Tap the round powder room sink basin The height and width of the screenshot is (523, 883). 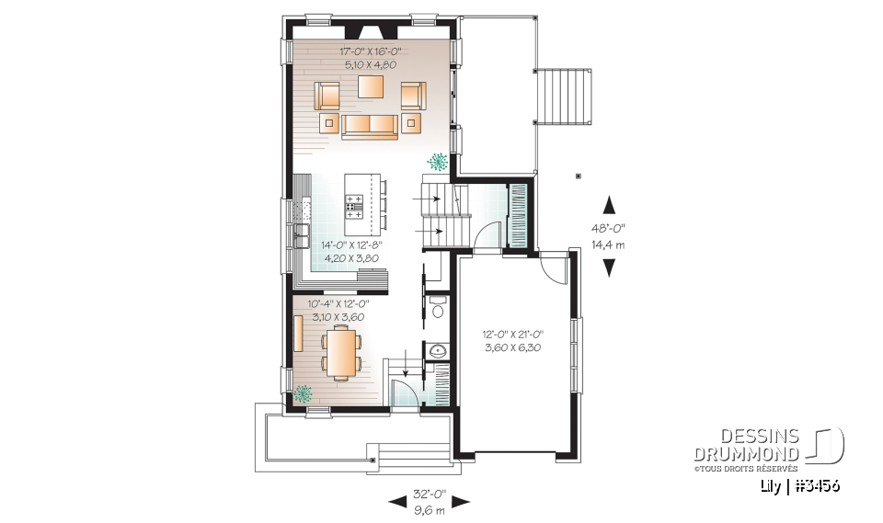tap(437, 352)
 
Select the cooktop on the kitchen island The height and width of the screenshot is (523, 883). tap(353, 196)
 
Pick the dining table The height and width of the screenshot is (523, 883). tap(341, 354)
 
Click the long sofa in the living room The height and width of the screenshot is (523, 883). tap(370, 126)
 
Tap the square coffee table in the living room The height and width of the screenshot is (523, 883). tap(371, 87)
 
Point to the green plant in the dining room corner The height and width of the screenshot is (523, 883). tap(302, 394)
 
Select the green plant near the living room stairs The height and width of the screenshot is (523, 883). tap(437, 161)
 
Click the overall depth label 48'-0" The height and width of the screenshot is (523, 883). tap(608, 230)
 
